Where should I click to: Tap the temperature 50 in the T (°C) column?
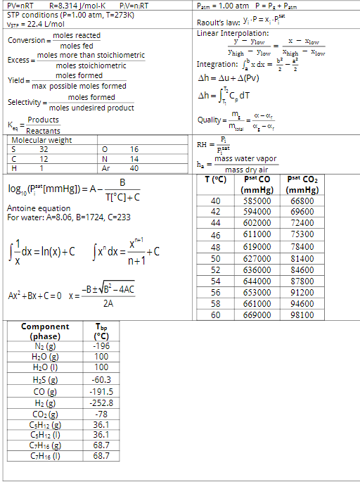pos(216,258)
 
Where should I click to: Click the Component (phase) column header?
pos(46,331)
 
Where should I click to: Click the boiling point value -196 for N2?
pos(101,346)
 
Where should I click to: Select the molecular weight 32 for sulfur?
pos(44,148)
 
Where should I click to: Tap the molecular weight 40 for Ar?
pos(134,168)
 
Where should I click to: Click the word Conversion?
pos(26,40)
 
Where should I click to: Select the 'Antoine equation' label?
pos(38,208)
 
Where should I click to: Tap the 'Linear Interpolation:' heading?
pos(233,33)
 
